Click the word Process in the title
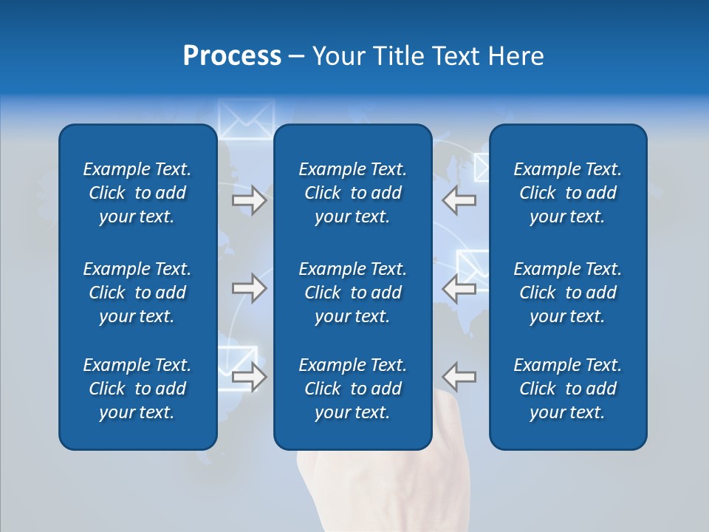pos(232,55)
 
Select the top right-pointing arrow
pos(249,200)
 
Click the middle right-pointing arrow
pos(249,288)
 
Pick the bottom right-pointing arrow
pos(249,377)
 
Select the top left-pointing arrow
pos(459,200)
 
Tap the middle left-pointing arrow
pos(459,288)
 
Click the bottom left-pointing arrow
pos(459,377)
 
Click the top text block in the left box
pos(137,193)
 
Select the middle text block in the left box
pos(137,293)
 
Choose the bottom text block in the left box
pos(137,389)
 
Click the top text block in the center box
pos(352,193)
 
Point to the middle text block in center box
pos(352,293)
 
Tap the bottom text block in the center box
pos(352,389)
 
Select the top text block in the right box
pos(567,193)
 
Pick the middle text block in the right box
pos(567,293)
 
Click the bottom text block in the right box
pos(567,389)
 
